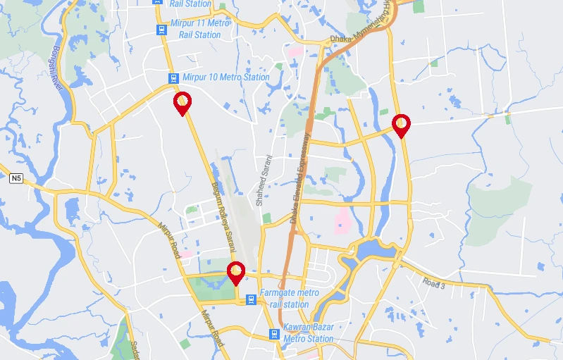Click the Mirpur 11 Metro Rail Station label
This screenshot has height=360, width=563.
200,29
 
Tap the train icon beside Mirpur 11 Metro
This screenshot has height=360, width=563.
161,30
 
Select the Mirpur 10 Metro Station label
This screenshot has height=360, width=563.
225,77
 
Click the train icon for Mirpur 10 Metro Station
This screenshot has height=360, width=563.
173,77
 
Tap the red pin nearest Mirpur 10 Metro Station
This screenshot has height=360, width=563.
182,103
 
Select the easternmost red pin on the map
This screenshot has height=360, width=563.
401,125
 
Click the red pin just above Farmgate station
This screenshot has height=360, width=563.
236,272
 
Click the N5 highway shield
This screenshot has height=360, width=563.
16,179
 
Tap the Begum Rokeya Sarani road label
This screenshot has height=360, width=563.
221,216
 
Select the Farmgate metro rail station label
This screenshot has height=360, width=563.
289,299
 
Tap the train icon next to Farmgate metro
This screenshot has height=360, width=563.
250,300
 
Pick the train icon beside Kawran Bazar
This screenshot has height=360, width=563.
274,334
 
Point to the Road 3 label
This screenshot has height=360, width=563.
434,284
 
